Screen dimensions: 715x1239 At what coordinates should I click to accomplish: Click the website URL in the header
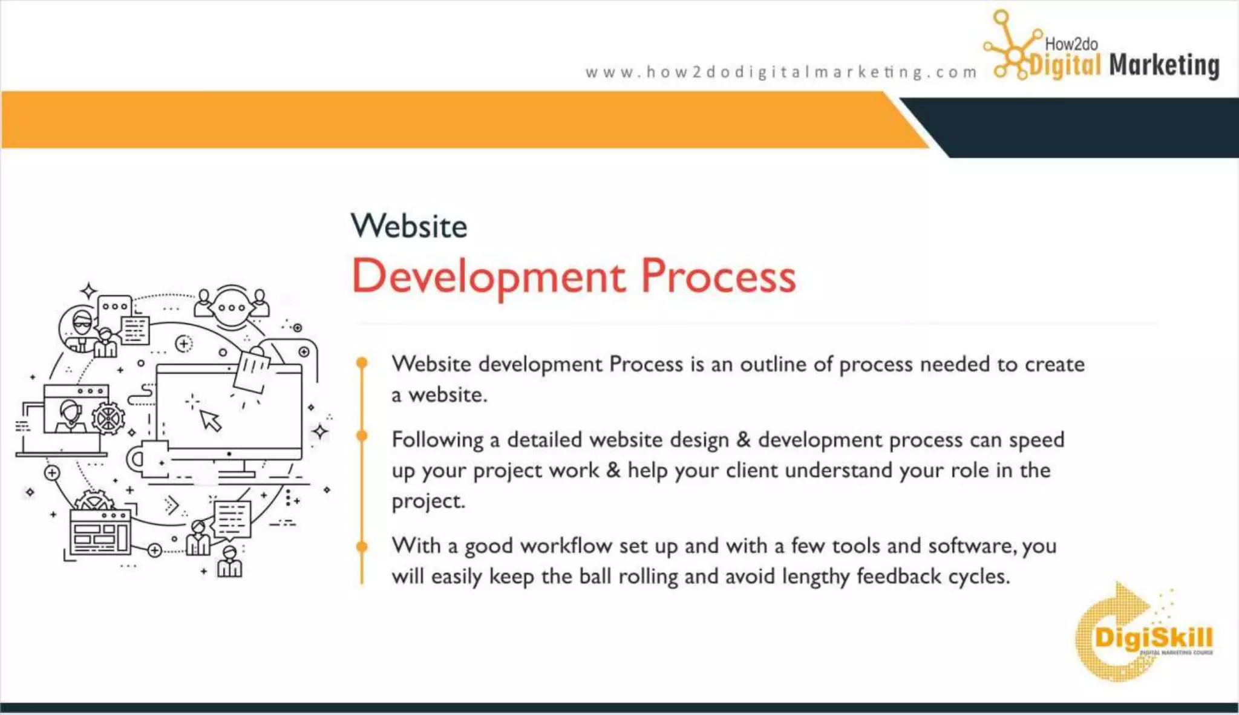(x=780, y=72)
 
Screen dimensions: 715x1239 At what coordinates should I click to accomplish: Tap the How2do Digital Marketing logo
(x=1101, y=51)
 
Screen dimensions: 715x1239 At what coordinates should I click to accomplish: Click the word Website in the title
(x=409, y=226)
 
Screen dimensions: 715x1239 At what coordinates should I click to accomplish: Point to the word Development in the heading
(x=489, y=276)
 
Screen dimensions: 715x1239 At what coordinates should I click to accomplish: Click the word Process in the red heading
(x=718, y=276)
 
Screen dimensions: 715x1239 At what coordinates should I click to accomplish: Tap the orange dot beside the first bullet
(x=362, y=363)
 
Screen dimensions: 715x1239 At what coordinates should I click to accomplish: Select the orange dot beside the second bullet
(x=362, y=436)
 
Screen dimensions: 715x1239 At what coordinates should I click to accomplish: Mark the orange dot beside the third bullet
(x=362, y=546)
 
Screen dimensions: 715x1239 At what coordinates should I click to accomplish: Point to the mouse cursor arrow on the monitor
(x=211, y=420)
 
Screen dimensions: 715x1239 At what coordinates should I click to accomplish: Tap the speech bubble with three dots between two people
(x=232, y=307)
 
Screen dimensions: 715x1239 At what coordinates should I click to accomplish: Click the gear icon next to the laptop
(x=108, y=418)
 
